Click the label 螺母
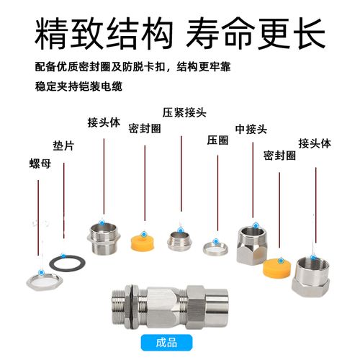point(40,163)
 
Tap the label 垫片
point(63,145)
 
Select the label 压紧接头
point(184,112)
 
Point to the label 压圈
point(217,140)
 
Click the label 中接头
point(251,130)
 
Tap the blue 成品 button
point(166,343)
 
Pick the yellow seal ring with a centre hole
point(143,243)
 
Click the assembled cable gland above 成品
point(169,307)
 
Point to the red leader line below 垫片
point(64,201)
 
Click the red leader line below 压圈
point(217,193)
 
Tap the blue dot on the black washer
point(63,256)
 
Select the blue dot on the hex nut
point(42,272)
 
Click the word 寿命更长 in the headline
point(256,34)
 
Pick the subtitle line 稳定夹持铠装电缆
point(78,86)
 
